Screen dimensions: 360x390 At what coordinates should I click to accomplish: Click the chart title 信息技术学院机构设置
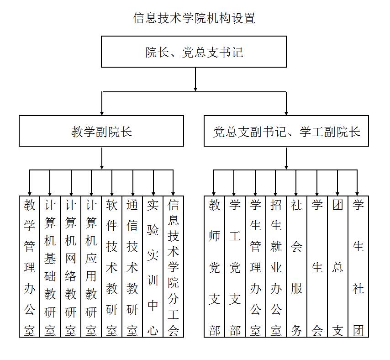tap(194, 18)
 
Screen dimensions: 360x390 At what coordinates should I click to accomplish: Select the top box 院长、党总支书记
tap(194, 52)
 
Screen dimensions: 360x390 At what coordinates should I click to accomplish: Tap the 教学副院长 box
tap(101, 131)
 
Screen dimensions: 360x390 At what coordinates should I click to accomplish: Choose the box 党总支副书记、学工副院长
tap(286, 131)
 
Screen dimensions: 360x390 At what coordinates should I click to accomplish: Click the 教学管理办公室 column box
tap(30, 267)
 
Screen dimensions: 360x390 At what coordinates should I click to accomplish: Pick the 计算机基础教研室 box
tap(50, 267)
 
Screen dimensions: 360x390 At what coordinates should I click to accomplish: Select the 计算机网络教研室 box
tap(71, 267)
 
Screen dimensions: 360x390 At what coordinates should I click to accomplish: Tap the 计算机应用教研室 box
tap(91, 267)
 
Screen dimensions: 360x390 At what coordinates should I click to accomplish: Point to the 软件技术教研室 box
tap(112, 267)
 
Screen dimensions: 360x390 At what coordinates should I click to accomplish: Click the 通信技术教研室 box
tap(132, 267)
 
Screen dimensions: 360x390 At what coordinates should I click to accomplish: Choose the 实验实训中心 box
tap(153, 267)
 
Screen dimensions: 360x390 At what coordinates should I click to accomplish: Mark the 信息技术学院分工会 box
tap(174, 267)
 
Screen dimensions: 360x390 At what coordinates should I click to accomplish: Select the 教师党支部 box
tap(215, 267)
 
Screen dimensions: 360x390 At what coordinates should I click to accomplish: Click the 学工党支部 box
tap(235, 267)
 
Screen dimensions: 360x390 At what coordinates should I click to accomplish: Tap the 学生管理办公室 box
tap(256, 267)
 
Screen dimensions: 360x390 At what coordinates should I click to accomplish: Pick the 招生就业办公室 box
tap(276, 267)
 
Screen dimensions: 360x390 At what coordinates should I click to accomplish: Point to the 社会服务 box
tap(297, 267)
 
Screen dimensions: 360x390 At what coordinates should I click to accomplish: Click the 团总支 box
tap(338, 267)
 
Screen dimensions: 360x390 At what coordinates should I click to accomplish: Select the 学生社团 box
tap(358, 267)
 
